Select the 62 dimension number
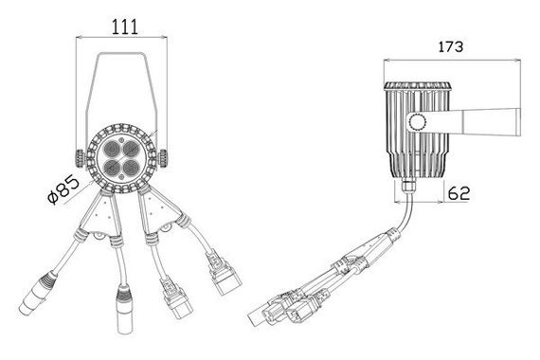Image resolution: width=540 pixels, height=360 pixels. click(459, 193)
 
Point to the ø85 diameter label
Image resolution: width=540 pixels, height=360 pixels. click(63, 189)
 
